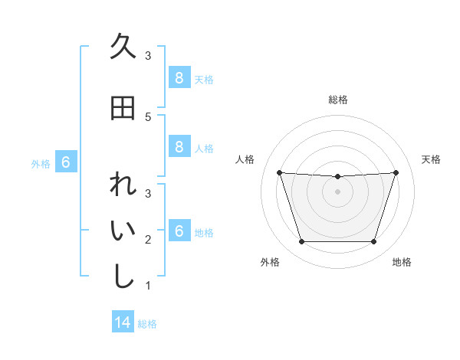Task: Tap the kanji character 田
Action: coord(123,109)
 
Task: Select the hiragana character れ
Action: coord(123,186)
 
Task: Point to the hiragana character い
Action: coord(123,231)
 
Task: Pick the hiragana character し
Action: coord(123,277)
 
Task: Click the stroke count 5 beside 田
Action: coord(148,116)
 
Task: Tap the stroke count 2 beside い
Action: coord(148,240)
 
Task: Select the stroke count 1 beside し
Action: coord(148,286)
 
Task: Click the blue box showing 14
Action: coord(123,322)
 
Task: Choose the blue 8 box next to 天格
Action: coord(179,77)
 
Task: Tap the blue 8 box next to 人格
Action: coord(179,148)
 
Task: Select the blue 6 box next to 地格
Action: coord(179,231)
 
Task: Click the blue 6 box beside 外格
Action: coord(66,162)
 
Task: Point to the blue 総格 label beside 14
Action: coord(147,324)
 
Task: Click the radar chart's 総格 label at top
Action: coord(337,100)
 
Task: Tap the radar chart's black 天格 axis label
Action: coord(432,159)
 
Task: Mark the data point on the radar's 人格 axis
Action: coord(279,172)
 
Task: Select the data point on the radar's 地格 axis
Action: coord(373,242)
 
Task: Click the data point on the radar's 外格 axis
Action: coord(301,242)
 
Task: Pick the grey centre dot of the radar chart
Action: coord(337,191)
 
